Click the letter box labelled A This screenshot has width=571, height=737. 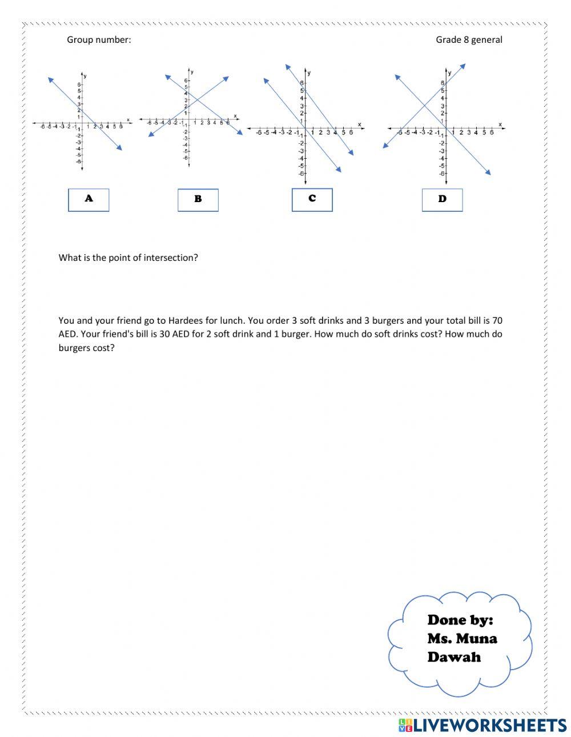(x=89, y=199)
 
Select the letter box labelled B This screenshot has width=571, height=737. (x=198, y=200)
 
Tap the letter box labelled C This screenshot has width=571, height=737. (x=312, y=199)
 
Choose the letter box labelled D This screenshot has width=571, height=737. (x=442, y=200)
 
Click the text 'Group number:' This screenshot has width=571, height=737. (x=99, y=40)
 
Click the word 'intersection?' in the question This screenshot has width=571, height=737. (x=171, y=257)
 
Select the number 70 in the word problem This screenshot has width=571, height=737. (x=497, y=321)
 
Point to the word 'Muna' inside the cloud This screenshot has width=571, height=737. (x=478, y=638)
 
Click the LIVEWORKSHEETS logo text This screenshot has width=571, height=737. (x=489, y=726)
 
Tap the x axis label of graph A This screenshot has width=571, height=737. (x=128, y=119)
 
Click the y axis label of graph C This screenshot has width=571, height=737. (x=309, y=73)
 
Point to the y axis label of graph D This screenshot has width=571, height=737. (x=450, y=73)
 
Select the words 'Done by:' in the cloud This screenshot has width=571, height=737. (x=460, y=620)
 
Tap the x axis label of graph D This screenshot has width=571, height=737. (x=500, y=124)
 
